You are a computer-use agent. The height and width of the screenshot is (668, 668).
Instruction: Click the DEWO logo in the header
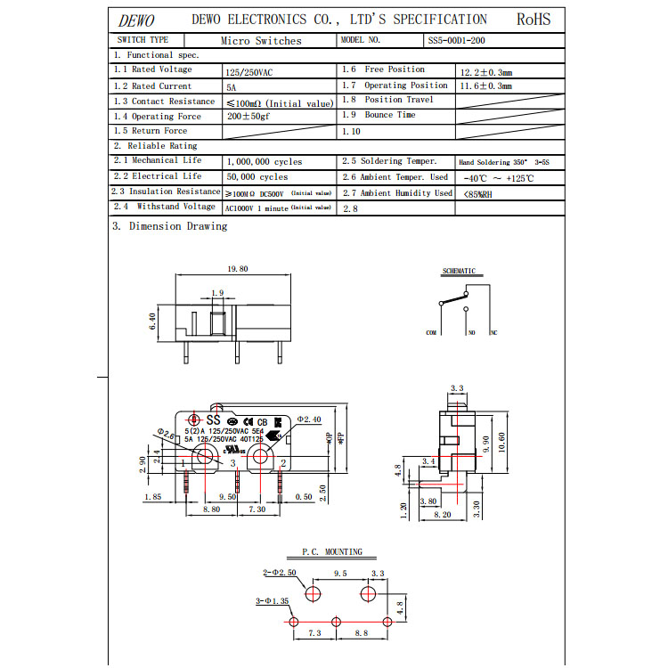click(136, 20)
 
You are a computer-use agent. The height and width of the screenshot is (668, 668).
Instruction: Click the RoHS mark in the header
click(534, 19)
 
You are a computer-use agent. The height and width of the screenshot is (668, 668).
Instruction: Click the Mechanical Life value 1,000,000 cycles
click(265, 162)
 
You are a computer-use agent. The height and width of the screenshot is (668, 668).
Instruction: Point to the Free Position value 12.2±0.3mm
click(485, 70)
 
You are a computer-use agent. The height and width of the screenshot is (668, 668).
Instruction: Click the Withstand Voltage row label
click(164, 207)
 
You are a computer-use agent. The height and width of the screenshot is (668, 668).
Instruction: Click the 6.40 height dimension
click(153, 322)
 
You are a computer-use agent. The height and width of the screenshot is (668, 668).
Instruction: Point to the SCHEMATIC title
click(459, 271)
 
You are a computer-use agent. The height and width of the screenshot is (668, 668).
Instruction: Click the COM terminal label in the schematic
click(431, 332)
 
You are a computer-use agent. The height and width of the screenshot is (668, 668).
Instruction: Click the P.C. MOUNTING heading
click(331, 552)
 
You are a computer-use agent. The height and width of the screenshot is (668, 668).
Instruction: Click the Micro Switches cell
click(261, 41)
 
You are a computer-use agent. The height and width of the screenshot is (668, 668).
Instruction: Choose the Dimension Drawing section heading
click(169, 226)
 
